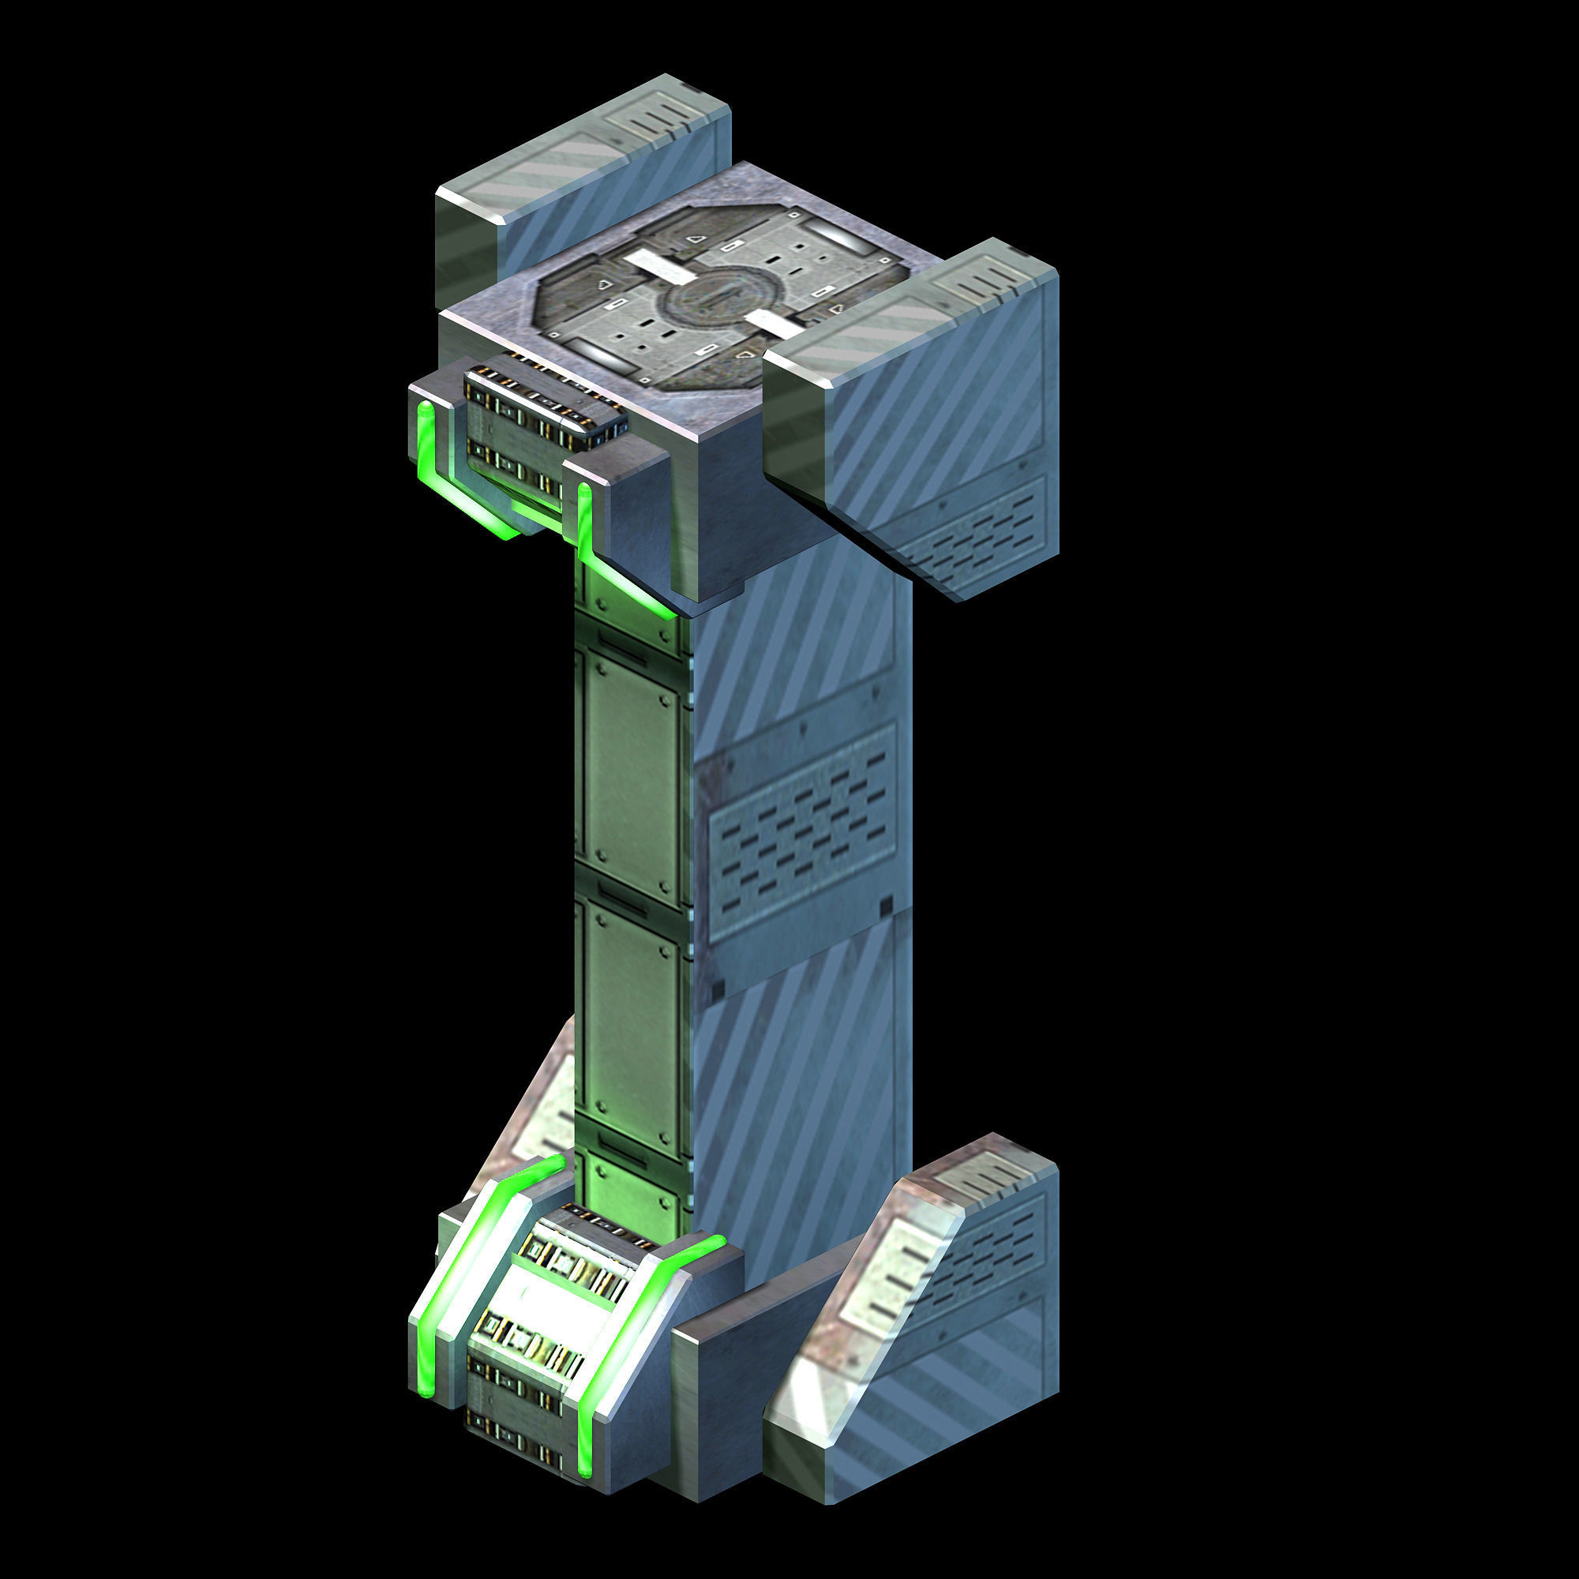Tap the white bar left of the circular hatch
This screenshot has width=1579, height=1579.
pyautogui.click(x=654, y=265)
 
